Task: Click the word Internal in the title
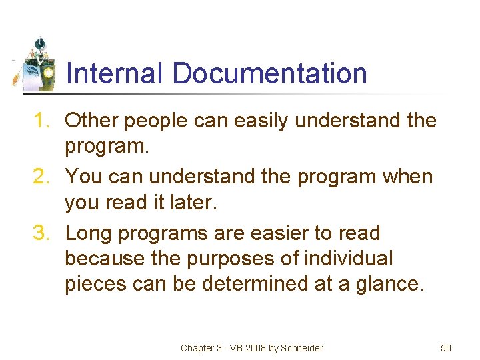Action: [114, 73]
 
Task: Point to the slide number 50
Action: [446, 348]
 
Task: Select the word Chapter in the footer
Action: [198, 348]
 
